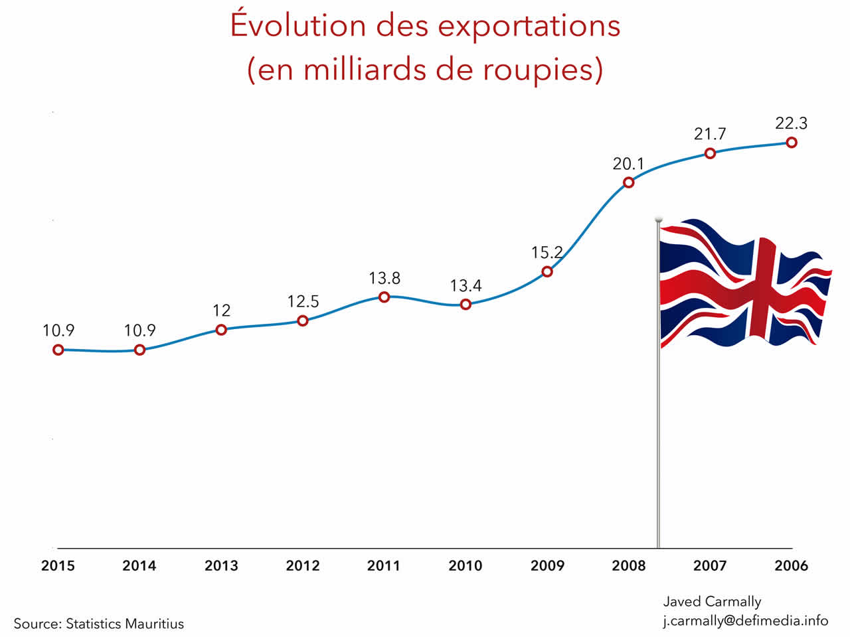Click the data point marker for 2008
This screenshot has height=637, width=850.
tap(628, 182)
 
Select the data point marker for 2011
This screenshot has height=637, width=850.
tap(384, 297)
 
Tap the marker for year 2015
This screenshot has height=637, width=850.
tap(58, 350)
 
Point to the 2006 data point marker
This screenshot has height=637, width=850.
tap(791, 143)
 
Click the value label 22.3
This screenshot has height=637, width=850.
tap(791, 123)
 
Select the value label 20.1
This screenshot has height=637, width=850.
tap(628, 163)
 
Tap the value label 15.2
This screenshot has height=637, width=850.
tap(547, 253)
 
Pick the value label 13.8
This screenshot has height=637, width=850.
tap(384, 278)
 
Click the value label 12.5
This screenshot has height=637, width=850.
tap(303, 302)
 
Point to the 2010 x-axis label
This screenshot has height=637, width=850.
tap(465, 566)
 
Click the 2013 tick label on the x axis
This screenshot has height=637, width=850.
tap(221, 566)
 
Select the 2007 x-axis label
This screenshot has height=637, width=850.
tap(710, 566)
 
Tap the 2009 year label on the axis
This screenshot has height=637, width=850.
tap(547, 566)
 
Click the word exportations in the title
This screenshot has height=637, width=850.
tap(529, 27)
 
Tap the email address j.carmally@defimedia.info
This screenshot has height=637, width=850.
tap(745, 621)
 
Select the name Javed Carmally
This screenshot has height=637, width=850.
tap(712, 602)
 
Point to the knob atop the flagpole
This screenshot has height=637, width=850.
tap(659, 219)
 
